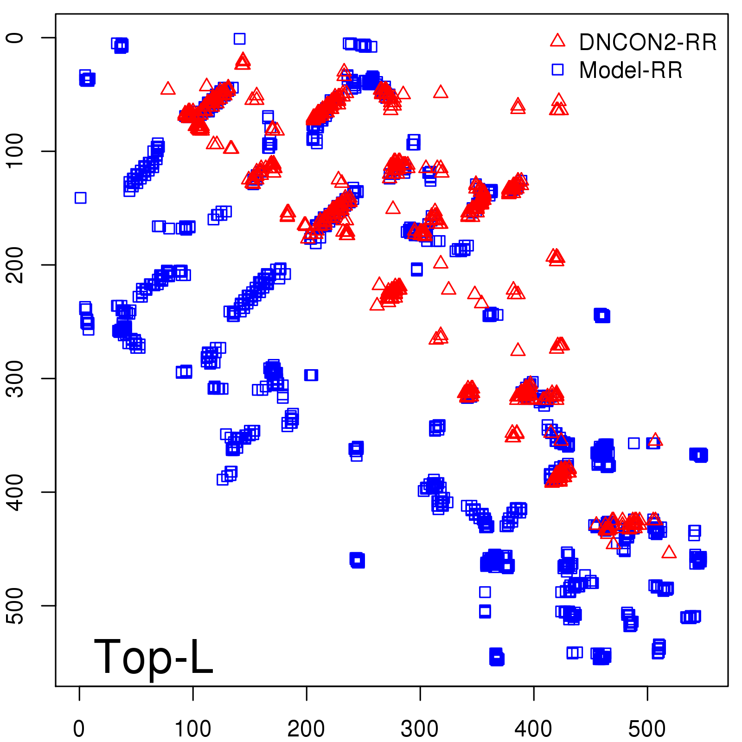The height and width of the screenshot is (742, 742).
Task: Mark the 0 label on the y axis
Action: pyautogui.click(x=15, y=38)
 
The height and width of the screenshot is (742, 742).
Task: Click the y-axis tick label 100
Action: pyautogui.click(x=15, y=151)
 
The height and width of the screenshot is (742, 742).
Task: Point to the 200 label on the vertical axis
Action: pyautogui.click(x=15, y=265)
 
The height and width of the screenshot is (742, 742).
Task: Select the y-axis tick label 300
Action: pyautogui.click(x=15, y=378)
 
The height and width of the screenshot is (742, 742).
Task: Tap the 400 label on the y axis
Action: pyautogui.click(x=15, y=492)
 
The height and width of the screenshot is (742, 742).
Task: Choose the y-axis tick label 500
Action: pyautogui.click(x=15, y=606)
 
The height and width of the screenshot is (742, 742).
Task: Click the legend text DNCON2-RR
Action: pyautogui.click(x=647, y=43)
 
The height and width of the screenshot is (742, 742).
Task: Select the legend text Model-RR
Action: pyautogui.click(x=631, y=70)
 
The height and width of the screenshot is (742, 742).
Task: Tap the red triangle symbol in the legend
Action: pyautogui.click(x=557, y=41)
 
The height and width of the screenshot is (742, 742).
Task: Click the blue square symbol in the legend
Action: pyautogui.click(x=557, y=70)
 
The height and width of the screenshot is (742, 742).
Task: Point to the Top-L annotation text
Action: pyautogui.click(x=153, y=657)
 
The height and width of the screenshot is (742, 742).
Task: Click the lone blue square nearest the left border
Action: pyautogui.click(x=80, y=198)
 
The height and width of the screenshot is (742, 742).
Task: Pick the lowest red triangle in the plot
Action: pyautogui.click(x=669, y=552)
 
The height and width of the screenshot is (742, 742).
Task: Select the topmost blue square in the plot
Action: pyautogui.click(x=239, y=38)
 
